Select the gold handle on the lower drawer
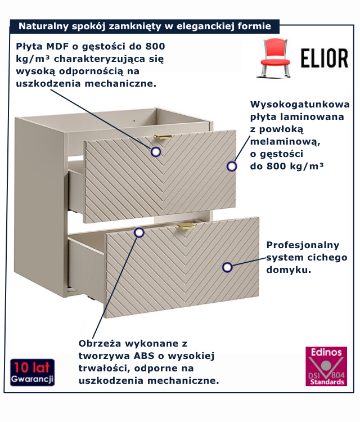pos(185,226)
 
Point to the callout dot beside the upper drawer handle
pos(156,151)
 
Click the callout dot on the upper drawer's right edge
pos(231,166)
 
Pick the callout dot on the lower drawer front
pos(227,267)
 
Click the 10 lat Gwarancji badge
pos(32,372)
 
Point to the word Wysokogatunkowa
pos(299,105)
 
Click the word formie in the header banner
pos(255,26)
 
